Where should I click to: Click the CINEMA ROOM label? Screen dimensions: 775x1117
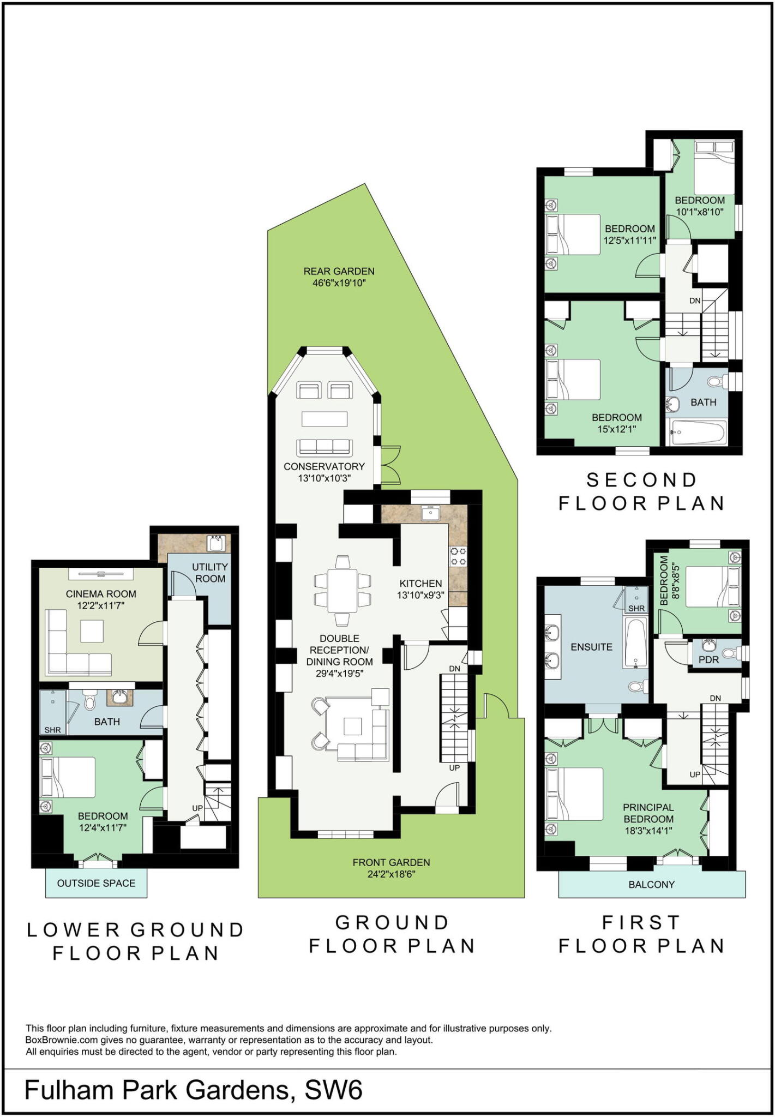click(101, 594)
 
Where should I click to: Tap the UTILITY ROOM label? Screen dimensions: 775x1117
click(210, 573)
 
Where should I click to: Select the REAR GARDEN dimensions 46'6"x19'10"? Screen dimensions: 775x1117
click(339, 283)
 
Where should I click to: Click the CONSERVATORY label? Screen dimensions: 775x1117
click(324, 466)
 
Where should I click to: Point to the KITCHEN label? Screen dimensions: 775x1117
click(420, 584)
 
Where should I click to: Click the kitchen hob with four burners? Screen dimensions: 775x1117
click(458, 556)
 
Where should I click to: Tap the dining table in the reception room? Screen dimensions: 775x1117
click(343, 590)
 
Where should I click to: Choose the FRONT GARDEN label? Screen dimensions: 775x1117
click(391, 862)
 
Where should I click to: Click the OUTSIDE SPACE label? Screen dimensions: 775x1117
click(96, 883)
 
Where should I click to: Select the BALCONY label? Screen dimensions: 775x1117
click(652, 884)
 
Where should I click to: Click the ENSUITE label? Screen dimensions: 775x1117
click(591, 647)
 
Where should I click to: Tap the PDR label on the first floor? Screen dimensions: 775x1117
click(708, 659)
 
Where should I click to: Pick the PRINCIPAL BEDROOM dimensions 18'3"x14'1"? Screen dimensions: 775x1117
click(648, 831)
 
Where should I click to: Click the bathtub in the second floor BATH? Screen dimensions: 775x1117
click(698, 433)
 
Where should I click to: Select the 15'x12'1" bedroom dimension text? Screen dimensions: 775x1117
click(617, 429)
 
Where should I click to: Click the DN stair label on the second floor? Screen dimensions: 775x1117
click(695, 301)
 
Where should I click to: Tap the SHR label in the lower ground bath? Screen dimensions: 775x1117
click(53, 730)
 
